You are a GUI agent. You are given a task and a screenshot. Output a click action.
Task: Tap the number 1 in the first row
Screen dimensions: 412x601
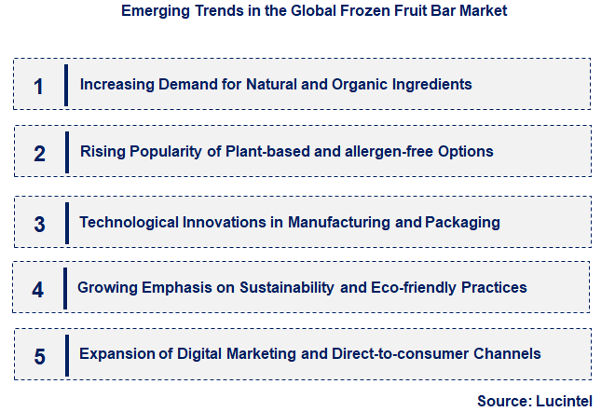point(38,87)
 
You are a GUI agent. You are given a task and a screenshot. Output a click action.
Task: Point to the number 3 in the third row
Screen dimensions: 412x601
point(39,225)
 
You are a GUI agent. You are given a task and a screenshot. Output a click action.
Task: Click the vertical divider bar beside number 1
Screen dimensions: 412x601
point(66,85)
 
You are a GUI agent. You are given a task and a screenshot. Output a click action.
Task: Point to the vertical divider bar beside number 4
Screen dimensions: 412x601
point(65,288)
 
